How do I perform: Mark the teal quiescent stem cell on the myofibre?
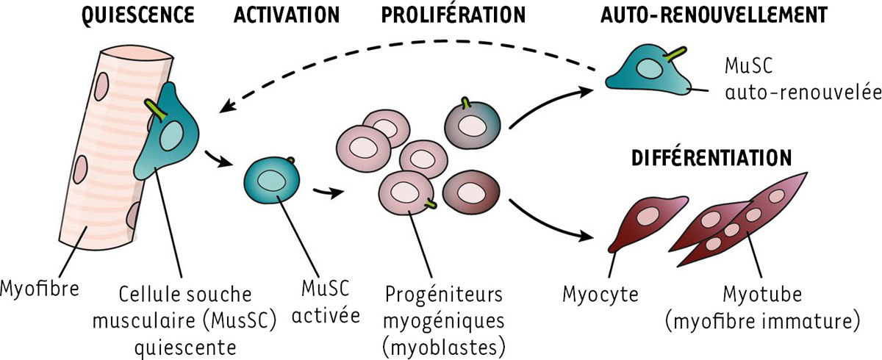coord(173,136)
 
